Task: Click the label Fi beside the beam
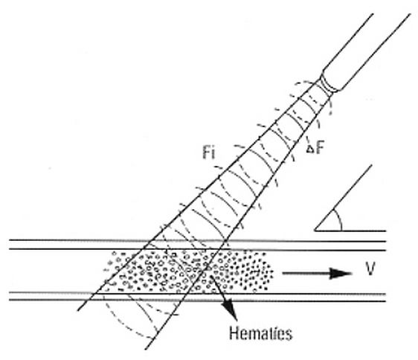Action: (x=208, y=153)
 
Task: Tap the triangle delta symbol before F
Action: (x=309, y=150)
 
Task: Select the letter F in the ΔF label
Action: (x=320, y=147)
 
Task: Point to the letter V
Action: (x=370, y=269)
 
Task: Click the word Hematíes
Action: (x=261, y=333)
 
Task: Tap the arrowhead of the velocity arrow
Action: (x=341, y=273)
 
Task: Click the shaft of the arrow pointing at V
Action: (x=306, y=273)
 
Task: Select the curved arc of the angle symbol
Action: (x=338, y=219)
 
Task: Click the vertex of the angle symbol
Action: (x=315, y=230)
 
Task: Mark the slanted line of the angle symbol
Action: (x=344, y=198)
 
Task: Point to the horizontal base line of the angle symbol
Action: (x=350, y=231)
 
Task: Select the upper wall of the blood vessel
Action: (x=198, y=245)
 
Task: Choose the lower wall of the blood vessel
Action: (x=198, y=297)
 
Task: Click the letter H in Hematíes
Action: (x=234, y=333)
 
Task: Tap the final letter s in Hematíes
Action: (x=289, y=335)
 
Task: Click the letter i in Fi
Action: (x=213, y=153)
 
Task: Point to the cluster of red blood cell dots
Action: (x=188, y=271)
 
